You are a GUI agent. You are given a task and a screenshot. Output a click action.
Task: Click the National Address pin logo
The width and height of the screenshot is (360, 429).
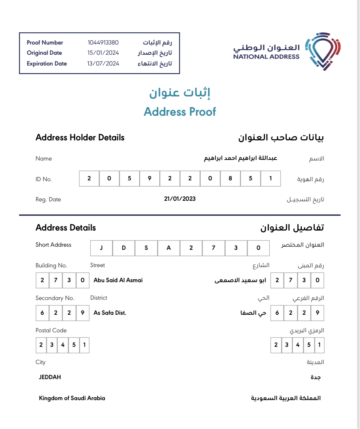click(x=323, y=51)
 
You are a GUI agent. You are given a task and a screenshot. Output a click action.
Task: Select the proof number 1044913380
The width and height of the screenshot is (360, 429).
click(x=103, y=43)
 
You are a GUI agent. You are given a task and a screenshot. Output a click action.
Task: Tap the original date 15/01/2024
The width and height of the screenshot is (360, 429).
click(x=103, y=53)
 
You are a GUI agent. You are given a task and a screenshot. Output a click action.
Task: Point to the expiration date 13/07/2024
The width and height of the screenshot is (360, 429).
click(x=103, y=64)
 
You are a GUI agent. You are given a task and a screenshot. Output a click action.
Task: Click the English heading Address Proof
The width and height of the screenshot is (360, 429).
click(x=180, y=112)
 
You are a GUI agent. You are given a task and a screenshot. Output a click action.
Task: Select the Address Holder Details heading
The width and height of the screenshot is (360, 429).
click(x=80, y=138)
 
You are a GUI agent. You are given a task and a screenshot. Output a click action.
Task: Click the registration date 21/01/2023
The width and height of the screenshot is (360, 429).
click(x=180, y=199)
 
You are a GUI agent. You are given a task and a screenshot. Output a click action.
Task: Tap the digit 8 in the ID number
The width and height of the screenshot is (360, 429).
click(x=230, y=178)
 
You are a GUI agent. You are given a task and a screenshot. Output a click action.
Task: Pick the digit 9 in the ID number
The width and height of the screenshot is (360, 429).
click(x=150, y=178)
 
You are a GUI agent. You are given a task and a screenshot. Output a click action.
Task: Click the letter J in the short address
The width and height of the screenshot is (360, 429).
click(x=101, y=248)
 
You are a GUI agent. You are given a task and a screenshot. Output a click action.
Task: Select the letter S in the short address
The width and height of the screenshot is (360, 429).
click(x=146, y=248)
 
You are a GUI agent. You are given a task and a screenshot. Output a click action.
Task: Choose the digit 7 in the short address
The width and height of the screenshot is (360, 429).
click(x=214, y=248)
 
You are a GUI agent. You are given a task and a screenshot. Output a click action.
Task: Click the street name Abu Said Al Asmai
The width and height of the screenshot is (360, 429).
click(x=118, y=280)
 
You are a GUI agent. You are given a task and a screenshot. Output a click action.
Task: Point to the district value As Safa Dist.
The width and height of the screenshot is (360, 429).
click(x=110, y=313)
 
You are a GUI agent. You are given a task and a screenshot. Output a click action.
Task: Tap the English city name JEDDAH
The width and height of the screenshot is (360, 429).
click(x=50, y=377)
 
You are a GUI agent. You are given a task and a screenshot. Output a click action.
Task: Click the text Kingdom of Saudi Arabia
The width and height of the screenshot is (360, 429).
click(x=72, y=398)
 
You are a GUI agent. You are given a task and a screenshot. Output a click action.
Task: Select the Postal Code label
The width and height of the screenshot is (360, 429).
click(x=51, y=330)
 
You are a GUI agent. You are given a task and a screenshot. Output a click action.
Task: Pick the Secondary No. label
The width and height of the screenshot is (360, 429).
click(x=55, y=298)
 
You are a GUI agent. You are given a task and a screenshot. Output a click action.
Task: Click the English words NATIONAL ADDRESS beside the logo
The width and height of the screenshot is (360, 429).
click(x=266, y=57)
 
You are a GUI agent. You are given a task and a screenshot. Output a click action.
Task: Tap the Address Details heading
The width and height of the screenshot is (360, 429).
click(x=66, y=228)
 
